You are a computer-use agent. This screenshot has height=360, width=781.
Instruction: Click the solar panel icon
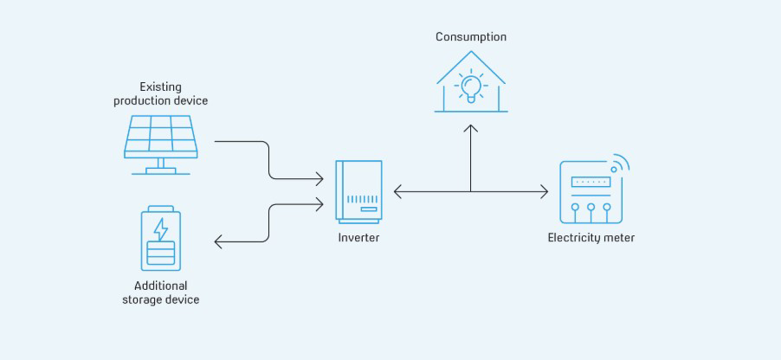point(160,137)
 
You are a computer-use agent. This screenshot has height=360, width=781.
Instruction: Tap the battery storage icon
point(161,238)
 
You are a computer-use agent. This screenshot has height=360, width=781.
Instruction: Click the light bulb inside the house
point(471,87)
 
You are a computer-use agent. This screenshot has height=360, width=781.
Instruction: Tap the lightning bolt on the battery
point(161,228)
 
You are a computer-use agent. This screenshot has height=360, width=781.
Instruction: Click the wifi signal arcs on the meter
point(619,164)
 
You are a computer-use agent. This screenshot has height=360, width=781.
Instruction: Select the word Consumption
point(471,37)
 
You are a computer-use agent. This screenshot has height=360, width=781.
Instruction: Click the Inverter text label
point(358,237)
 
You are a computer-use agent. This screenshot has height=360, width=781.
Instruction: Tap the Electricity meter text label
point(591,237)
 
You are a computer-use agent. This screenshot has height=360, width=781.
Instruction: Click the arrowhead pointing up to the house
point(471,128)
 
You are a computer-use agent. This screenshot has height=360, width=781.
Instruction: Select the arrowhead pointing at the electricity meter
point(545,191)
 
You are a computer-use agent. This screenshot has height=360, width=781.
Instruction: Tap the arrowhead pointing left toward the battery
point(218,242)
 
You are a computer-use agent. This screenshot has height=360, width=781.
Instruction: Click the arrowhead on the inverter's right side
point(397,191)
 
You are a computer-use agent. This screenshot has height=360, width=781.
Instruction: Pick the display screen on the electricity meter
point(591,183)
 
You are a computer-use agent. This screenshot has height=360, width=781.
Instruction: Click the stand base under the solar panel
point(160,170)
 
